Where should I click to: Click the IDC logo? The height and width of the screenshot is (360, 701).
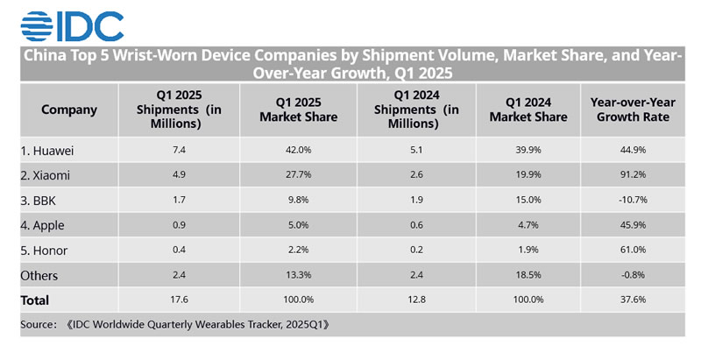[x=72, y=26]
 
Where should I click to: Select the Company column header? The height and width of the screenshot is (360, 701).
[x=69, y=109]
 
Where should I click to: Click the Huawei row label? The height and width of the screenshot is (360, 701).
[x=46, y=150]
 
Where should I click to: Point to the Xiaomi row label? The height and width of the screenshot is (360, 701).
[x=45, y=175]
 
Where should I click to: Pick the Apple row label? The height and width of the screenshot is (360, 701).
[x=42, y=225]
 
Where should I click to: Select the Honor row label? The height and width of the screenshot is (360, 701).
[x=44, y=251]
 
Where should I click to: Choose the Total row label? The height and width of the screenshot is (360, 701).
[x=36, y=300]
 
